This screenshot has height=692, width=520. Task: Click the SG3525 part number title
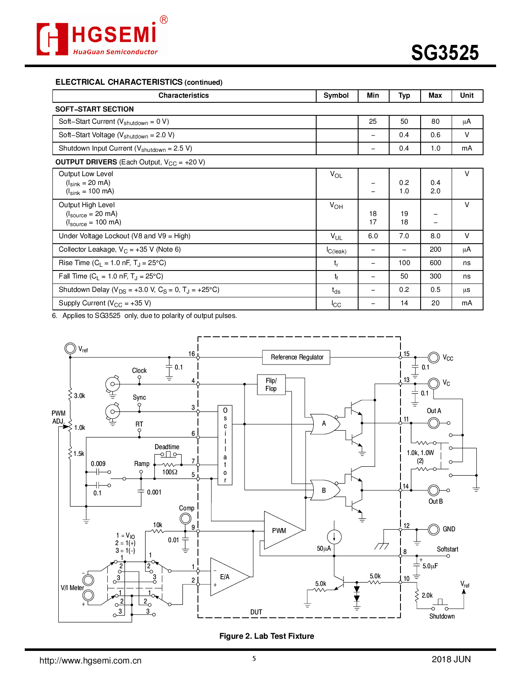(x=445, y=53)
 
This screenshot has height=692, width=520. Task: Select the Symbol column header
(x=336, y=96)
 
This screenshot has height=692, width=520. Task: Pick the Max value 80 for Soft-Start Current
(x=435, y=122)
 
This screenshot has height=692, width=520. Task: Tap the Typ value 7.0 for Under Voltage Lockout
(x=404, y=236)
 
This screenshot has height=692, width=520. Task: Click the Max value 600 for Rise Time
(x=435, y=263)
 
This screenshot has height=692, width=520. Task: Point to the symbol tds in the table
(x=336, y=290)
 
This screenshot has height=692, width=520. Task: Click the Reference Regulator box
(x=297, y=357)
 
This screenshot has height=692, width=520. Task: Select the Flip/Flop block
(x=271, y=385)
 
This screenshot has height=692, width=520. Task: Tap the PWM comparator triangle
(x=280, y=531)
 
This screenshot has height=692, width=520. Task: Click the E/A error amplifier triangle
(x=226, y=577)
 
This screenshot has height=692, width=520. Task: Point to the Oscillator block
(x=225, y=445)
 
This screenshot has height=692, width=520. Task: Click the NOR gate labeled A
(x=324, y=424)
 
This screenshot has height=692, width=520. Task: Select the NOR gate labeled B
(x=324, y=490)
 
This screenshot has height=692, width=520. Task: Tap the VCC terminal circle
(x=434, y=357)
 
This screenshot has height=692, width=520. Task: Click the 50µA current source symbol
(x=334, y=537)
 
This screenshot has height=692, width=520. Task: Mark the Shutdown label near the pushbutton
(x=442, y=617)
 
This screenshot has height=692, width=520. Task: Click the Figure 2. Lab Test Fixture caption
(x=267, y=636)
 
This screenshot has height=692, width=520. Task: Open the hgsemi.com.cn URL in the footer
(x=91, y=661)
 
